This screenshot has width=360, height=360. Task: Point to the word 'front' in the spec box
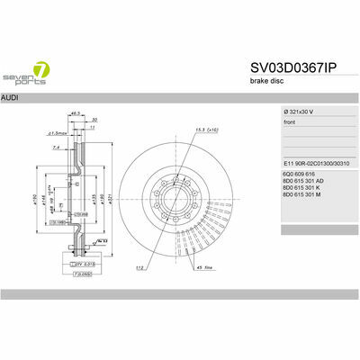pos(291,121)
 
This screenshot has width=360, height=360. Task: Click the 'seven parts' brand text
pos(21,74)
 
